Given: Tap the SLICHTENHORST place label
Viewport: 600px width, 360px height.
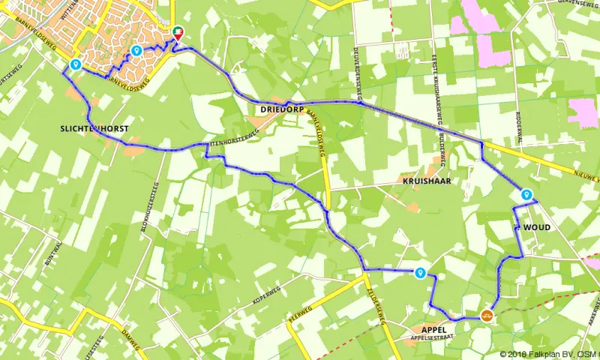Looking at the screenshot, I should [x=94, y=129].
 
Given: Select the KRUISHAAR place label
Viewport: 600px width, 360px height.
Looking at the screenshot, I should [x=424, y=181].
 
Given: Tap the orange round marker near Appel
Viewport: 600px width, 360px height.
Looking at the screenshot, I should [x=487, y=316].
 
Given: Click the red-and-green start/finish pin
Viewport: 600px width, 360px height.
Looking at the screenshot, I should [x=178, y=32].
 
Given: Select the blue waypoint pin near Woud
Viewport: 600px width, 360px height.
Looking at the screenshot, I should [x=526, y=195].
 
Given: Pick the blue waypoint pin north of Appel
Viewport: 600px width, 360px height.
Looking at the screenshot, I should [x=421, y=274].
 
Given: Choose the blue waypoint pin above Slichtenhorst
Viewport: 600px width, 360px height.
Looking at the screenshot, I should [x=76, y=65].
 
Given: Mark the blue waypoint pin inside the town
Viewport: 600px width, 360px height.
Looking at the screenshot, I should [x=136, y=50].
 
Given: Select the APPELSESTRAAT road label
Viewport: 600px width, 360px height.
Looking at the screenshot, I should [x=428, y=339].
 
